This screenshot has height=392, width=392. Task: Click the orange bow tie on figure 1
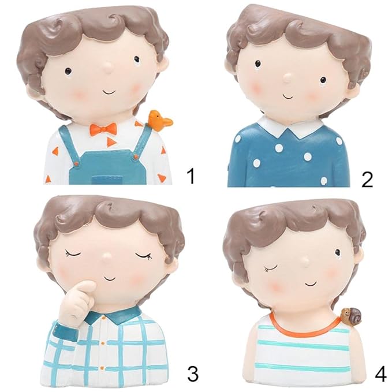click(x=103, y=129)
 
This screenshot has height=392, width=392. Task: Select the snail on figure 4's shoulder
click(x=352, y=316)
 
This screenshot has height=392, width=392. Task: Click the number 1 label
click(x=191, y=176)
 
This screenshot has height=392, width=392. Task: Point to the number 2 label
click(x=367, y=179)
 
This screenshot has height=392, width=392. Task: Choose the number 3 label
click(x=192, y=374)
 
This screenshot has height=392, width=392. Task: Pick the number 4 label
click(x=381, y=374)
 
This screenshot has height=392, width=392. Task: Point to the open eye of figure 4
click(x=338, y=252)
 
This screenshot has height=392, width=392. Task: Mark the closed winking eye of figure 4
click(x=271, y=268)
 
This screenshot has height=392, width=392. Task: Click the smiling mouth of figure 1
click(x=110, y=92)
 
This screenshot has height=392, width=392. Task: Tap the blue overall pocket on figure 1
click(x=108, y=180)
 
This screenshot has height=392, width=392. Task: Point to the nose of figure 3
click(x=107, y=256)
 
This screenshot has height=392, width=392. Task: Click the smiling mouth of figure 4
click(x=311, y=283)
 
